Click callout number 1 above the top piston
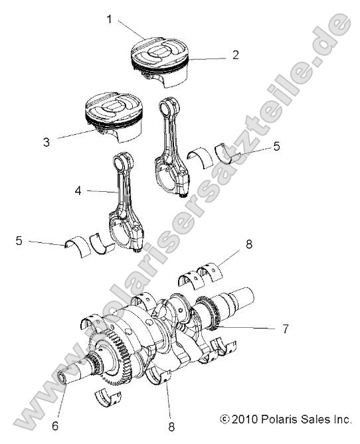pos(109,19)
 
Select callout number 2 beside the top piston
pos(235,55)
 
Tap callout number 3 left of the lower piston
pos(46,141)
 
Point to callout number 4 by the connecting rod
pos(79,190)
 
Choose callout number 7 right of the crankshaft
pos(285,329)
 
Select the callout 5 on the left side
pos(19,240)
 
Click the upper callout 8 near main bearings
pos(248,244)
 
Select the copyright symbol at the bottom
pos(224,419)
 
